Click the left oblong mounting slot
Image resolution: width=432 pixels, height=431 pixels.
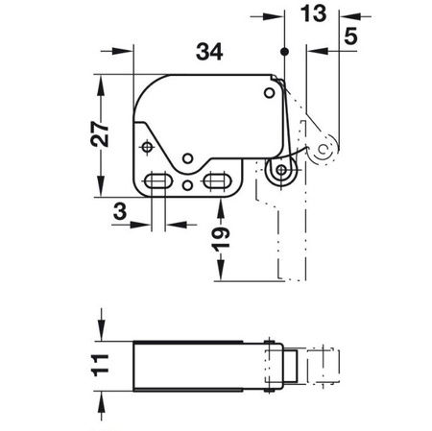click(x=156, y=181)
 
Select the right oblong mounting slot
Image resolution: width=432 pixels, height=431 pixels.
click(x=218, y=181)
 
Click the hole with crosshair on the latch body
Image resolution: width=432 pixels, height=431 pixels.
click(x=147, y=147)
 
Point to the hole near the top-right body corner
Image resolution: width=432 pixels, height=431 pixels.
click(x=268, y=94)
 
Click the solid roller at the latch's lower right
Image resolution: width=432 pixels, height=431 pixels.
click(x=279, y=172)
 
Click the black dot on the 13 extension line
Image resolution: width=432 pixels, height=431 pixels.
click(x=285, y=51)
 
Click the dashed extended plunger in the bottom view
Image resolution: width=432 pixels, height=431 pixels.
click(x=322, y=366)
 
